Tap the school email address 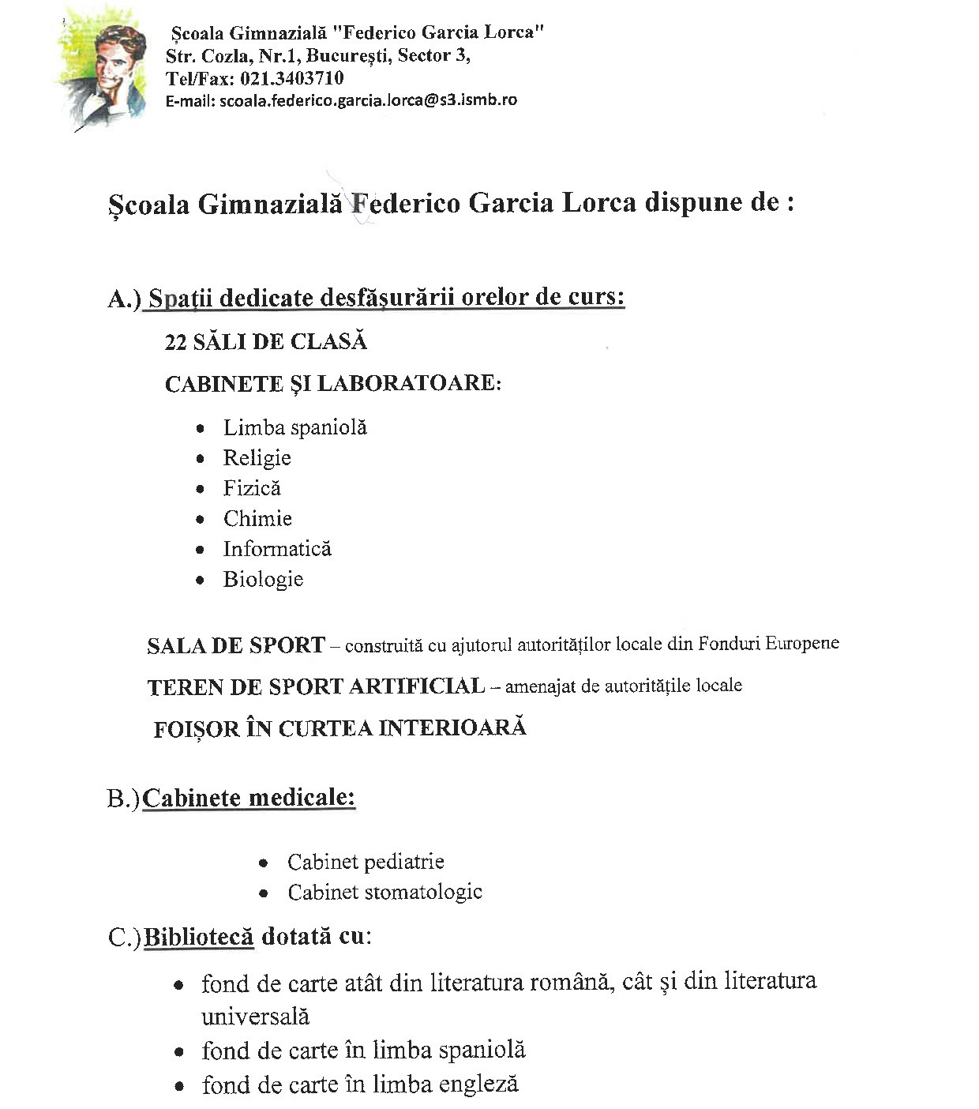pos(369,100)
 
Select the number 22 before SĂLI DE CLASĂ pos(175,342)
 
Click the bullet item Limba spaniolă pos(294,427)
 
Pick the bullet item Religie pos(257,458)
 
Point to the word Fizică pos(252,488)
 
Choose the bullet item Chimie pos(257,519)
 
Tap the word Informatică pos(277,549)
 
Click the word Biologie pos(263,579)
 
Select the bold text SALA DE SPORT pos(235,645)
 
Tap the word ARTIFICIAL pos(417,686)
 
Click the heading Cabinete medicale pos(249,798)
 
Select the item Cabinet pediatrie pos(366,862)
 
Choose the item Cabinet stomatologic pos(384,893)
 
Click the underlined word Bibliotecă pos(198,937)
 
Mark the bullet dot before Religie pos(201,459)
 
